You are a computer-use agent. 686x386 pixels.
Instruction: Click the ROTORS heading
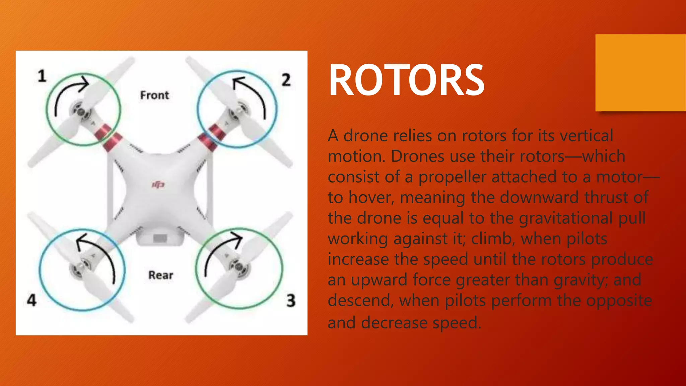[406, 80]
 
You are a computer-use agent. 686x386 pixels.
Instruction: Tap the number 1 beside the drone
[42, 76]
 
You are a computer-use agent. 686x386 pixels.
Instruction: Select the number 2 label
[286, 80]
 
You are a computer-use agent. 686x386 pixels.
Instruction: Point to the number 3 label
[291, 300]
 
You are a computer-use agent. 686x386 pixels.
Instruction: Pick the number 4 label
[31, 300]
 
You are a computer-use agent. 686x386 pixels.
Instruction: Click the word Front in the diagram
[154, 95]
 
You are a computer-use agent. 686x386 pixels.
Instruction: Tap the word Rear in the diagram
[161, 275]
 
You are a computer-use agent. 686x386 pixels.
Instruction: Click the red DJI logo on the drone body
[158, 185]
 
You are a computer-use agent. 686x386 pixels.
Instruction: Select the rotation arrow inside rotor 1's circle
[67, 92]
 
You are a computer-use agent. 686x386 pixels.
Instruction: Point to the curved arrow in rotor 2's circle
[253, 92]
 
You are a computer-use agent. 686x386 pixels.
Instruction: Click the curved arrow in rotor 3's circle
[219, 248]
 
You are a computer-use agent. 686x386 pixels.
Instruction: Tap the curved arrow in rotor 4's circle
[100, 255]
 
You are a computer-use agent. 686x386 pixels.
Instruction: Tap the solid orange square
[640, 73]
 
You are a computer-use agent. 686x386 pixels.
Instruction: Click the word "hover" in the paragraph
[369, 198]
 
